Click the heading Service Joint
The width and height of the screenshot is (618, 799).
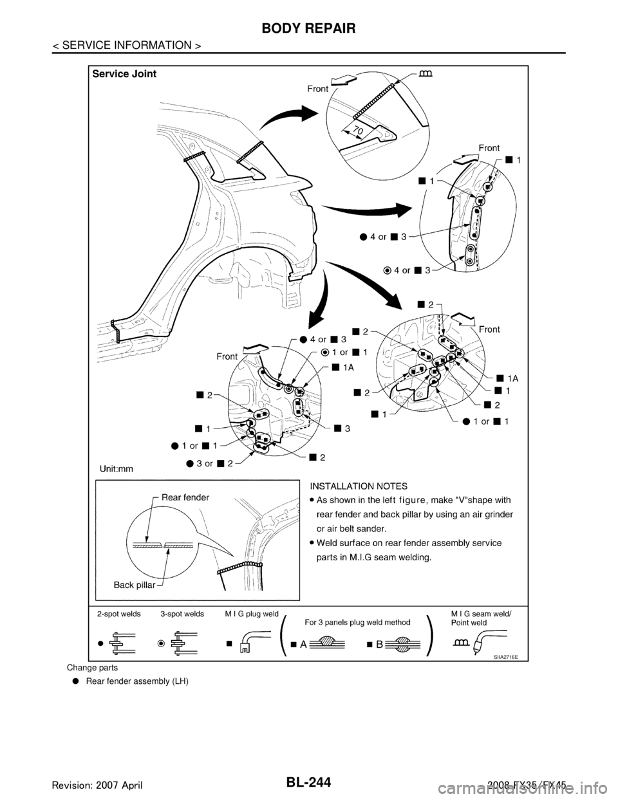[124, 74]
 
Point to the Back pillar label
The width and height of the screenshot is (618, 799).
[136, 585]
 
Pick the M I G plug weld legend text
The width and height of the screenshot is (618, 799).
[250, 614]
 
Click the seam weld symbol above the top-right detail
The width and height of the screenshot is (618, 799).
[425, 73]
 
